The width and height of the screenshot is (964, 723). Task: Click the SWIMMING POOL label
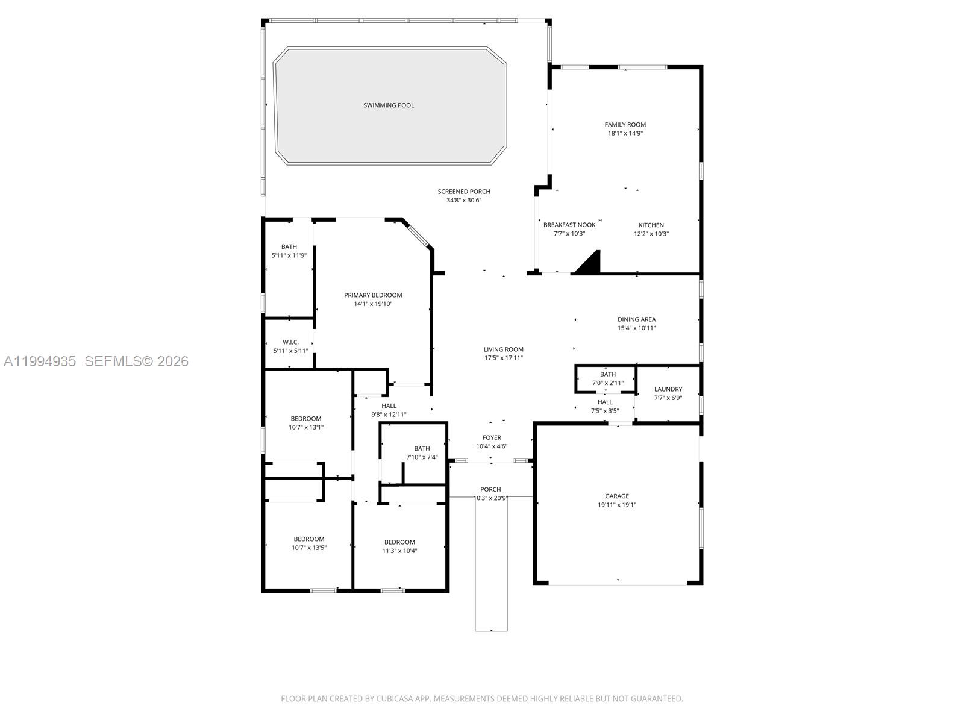pos(389,105)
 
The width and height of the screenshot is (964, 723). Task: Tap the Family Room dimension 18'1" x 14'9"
pos(625,134)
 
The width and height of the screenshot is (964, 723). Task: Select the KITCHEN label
pos(651,225)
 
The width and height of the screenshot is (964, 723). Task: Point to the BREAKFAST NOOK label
pos(569,225)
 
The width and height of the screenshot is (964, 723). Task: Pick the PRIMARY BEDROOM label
pos(373,295)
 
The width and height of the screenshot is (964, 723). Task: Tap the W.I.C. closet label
pos(290,342)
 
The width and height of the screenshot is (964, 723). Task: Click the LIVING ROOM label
pos(504,349)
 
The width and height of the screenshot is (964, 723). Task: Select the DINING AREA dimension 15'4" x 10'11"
pos(636,328)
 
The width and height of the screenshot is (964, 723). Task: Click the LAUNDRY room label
pos(668,389)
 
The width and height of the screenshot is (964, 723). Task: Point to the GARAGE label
pos(617,496)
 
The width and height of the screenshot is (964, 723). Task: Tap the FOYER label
pos(492,438)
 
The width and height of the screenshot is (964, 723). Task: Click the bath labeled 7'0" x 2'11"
pos(608,378)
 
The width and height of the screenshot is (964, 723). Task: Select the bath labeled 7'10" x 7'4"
pos(422,452)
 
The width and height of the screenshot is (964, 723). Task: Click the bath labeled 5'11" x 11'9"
pos(289,251)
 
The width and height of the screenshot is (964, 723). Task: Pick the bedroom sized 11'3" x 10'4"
pos(399,546)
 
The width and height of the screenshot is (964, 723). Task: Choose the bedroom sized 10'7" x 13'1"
pos(306,423)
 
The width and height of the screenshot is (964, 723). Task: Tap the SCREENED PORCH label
pos(464,192)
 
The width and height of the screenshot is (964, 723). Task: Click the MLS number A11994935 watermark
pos(40,361)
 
